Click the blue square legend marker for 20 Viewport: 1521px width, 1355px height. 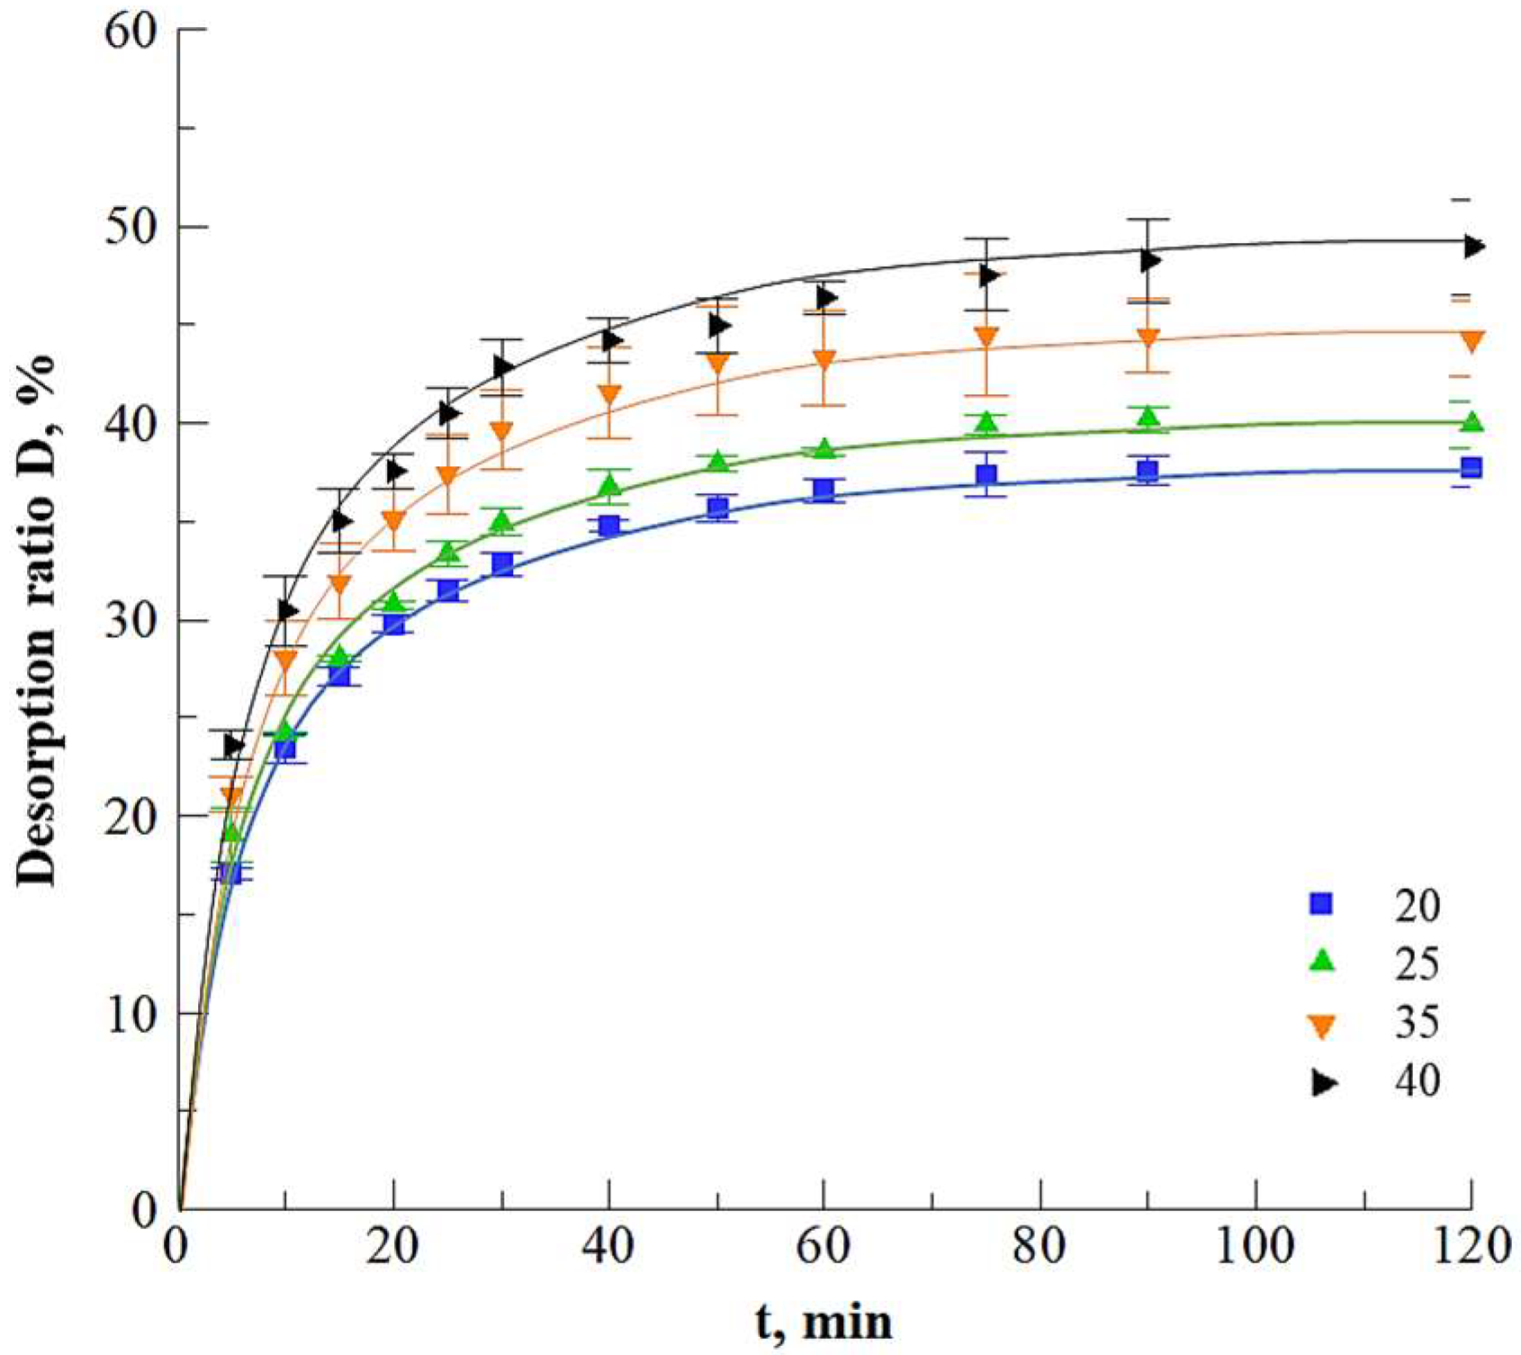[1322, 904]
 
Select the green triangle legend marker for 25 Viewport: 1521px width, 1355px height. [1322, 961]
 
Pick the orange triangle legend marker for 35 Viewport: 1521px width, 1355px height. [1322, 1025]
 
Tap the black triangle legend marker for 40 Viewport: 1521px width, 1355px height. [1325, 1083]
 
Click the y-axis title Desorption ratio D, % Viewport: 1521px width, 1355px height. [37, 621]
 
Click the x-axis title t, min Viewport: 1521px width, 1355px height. [823, 1322]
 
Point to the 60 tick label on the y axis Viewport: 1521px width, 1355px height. [130, 31]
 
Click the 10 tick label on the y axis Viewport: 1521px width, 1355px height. [130, 1014]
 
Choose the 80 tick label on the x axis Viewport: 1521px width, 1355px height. [1040, 1247]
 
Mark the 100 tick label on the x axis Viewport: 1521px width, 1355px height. [1255, 1247]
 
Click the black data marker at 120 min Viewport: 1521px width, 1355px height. [1474, 246]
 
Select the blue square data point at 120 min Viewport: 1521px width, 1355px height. [1471, 467]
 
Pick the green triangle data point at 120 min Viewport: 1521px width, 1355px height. [1471, 422]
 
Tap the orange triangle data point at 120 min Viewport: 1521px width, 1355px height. [1471, 342]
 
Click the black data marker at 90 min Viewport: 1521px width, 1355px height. [1150, 261]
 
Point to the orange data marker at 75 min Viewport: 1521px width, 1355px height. [986, 336]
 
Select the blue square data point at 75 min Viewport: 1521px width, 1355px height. [986, 475]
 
